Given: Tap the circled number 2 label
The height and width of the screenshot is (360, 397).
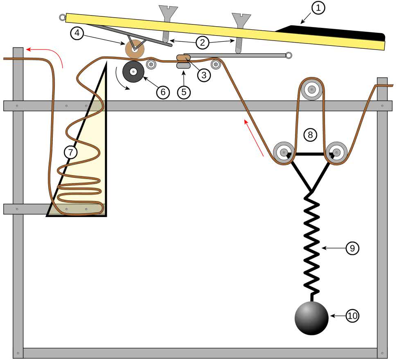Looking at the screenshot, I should coord(202,42).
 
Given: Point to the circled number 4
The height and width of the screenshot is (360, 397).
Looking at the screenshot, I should coord(78,33).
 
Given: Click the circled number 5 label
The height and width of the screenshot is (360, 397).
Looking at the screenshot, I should coord(184,92).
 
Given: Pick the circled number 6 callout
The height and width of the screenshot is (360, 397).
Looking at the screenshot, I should coord(162,92).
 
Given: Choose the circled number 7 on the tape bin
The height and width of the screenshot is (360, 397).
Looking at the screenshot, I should coord(71,152).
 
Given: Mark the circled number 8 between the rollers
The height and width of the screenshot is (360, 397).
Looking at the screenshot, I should coord(310,134).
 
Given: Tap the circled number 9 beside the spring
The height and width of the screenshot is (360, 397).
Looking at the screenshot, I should coord(352,248).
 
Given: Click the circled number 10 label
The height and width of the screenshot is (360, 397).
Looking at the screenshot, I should coord(352,316).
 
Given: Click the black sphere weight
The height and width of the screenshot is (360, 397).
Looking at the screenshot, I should coord(311,318).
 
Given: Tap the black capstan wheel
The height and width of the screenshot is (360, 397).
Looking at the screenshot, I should coord(133,71).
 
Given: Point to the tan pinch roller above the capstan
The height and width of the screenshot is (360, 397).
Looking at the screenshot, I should coord(135,49).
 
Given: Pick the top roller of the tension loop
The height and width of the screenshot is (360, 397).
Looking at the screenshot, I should coord(312,89).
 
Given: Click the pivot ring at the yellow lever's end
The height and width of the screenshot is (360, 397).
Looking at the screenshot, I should coord(62,17).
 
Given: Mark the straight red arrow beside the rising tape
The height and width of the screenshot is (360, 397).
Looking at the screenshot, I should coord(253,137).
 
